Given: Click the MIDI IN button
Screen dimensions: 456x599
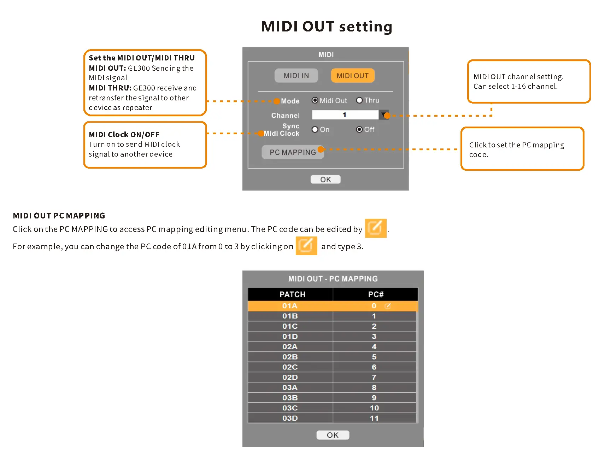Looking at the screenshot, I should coord(296,76).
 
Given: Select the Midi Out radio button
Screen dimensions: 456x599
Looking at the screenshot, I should coord(315,100).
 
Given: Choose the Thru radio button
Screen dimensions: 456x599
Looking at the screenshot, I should coord(359,100).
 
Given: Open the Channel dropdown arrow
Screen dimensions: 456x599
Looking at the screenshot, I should coord(383,115).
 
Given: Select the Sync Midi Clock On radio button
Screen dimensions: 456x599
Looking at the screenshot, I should coord(315,129).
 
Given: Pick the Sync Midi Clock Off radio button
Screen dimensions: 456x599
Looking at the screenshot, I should coord(359,129).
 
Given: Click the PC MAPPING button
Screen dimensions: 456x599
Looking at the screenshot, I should coord(293,152).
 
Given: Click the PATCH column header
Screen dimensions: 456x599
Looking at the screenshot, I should coord(292,294).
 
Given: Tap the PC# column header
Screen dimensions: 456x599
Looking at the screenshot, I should coord(375,294).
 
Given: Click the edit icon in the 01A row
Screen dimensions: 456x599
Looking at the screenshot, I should coord(388,306).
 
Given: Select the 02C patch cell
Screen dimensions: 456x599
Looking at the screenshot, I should coord(290,367).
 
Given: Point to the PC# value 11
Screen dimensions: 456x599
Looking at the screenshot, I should coord(374,418).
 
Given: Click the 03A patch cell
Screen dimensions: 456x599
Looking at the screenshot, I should coord(290,388).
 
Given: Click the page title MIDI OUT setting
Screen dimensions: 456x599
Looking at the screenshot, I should coord(327,27).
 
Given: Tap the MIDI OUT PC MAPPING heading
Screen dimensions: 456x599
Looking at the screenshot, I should coord(59,216).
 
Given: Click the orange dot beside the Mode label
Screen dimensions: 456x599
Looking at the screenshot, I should coord(277,101).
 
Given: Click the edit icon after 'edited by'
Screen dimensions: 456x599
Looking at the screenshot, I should coord(375,228).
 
